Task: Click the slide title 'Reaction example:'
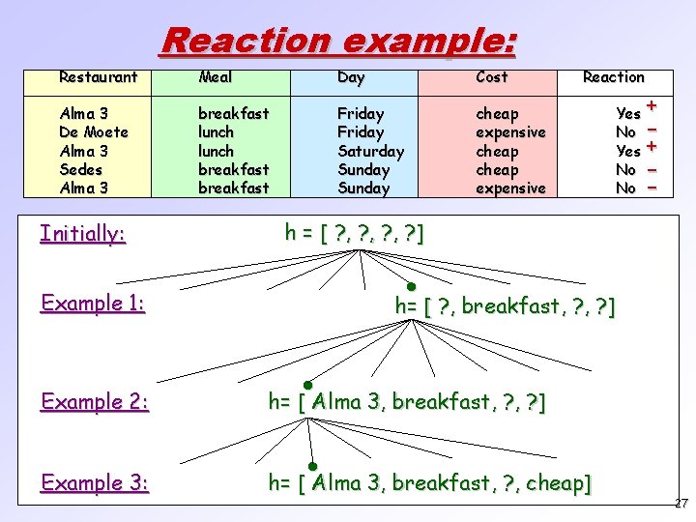pyautogui.click(x=338, y=41)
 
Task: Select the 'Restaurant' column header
pyautogui.click(x=98, y=76)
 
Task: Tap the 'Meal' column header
pyautogui.click(x=215, y=76)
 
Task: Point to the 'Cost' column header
pyautogui.click(x=492, y=76)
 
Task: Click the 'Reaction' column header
pyautogui.click(x=613, y=77)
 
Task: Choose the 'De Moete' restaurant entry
pyautogui.click(x=94, y=132)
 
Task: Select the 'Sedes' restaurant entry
pyautogui.click(x=81, y=170)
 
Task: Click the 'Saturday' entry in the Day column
pyautogui.click(x=370, y=151)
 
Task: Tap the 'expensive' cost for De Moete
pyautogui.click(x=510, y=132)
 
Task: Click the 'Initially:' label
pyautogui.click(x=83, y=233)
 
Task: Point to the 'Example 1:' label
pyautogui.click(x=93, y=304)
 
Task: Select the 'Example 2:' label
pyautogui.click(x=95, y=401)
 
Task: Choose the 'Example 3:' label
pyautogui.click(x=95, y=481)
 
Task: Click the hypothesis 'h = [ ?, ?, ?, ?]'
pyautogui.click(x=354, y=232)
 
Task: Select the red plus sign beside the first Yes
pyautogui.click(x=652, y=105)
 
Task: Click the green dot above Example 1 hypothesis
pyautogui.click(x=411, y=287)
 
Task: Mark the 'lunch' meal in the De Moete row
pyautogui.click(x=216, y=132)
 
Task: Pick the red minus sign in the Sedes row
pyautogui.click(x=652, y=170)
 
